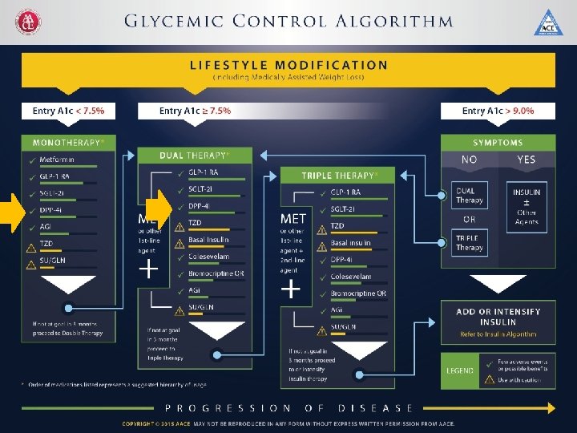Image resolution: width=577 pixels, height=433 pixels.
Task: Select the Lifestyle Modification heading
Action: pos(288,65)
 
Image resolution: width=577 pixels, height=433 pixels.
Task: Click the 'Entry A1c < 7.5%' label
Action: pos(68,111)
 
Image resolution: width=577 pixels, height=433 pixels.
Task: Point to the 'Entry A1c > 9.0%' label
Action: pos(498,111)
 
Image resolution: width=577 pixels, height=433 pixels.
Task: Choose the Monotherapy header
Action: pos(68,143)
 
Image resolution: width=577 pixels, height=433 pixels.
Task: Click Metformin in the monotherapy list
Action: pos(58,160)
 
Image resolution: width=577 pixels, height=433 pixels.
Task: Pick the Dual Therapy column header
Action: pos(194,155)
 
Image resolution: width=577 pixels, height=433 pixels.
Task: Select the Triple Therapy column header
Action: pos(337,175)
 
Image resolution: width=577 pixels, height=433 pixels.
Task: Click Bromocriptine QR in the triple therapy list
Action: pos(358,293)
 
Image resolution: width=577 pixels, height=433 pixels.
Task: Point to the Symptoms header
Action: pos(498,143)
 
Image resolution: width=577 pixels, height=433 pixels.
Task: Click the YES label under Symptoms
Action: pos(526,160)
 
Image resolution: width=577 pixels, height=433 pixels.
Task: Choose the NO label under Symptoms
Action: pos(470,160)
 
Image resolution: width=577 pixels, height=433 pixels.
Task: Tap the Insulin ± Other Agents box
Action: pos(526,206)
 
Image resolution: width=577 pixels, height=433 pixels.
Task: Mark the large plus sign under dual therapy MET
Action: pos(148,269)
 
